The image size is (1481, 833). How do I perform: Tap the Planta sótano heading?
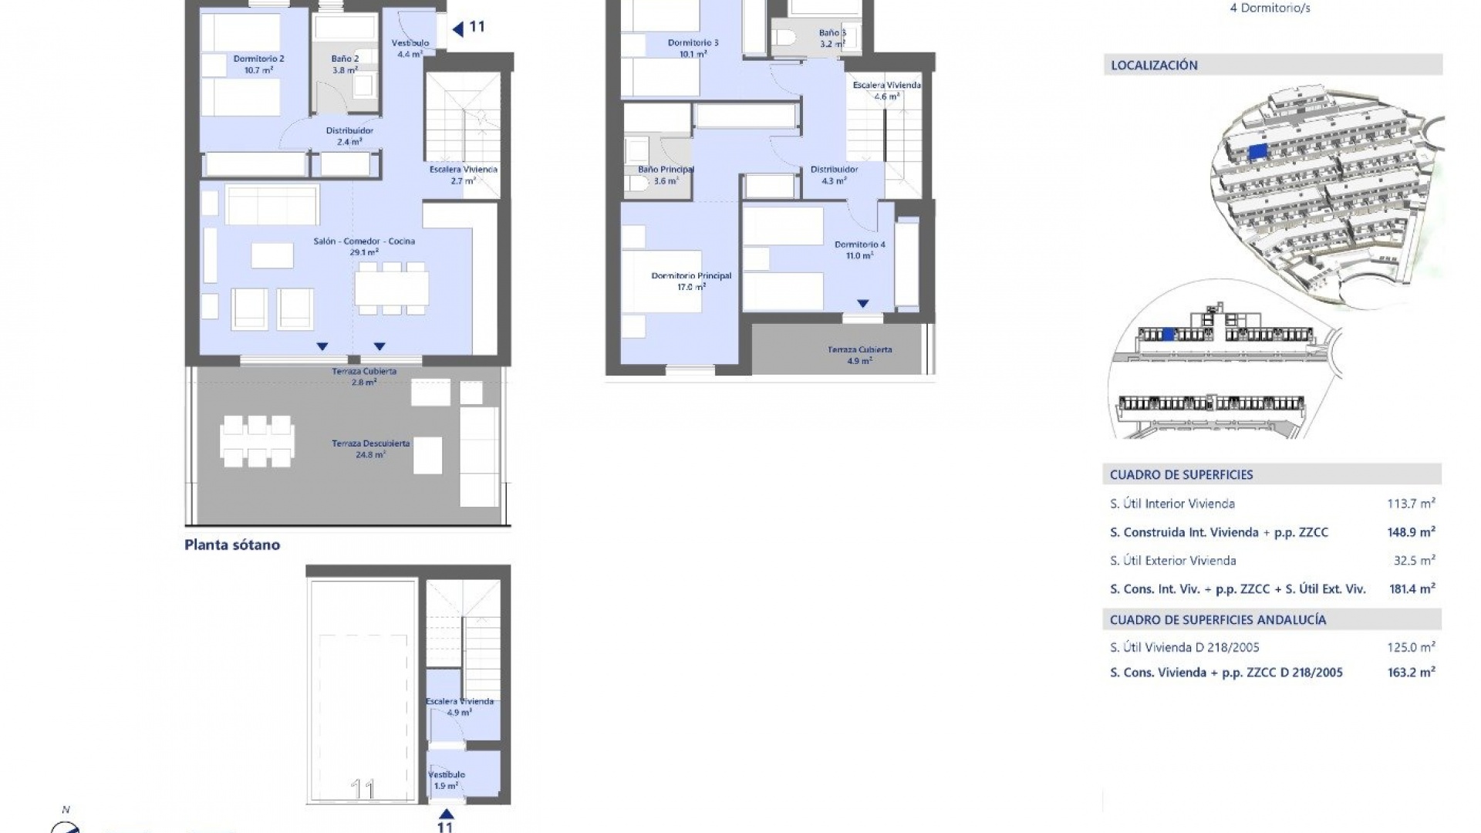232,545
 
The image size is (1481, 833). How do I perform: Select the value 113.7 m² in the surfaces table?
1411,504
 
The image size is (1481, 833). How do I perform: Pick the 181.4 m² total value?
1412,589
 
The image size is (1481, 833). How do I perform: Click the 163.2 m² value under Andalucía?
1411,673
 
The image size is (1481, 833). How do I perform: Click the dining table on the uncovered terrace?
257,441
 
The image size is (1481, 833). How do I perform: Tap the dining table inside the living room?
392,288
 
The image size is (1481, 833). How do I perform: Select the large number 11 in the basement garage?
363,789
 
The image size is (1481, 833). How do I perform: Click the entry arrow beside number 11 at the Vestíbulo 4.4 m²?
457,29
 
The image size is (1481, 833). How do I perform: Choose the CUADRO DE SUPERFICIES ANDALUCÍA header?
1218,619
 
